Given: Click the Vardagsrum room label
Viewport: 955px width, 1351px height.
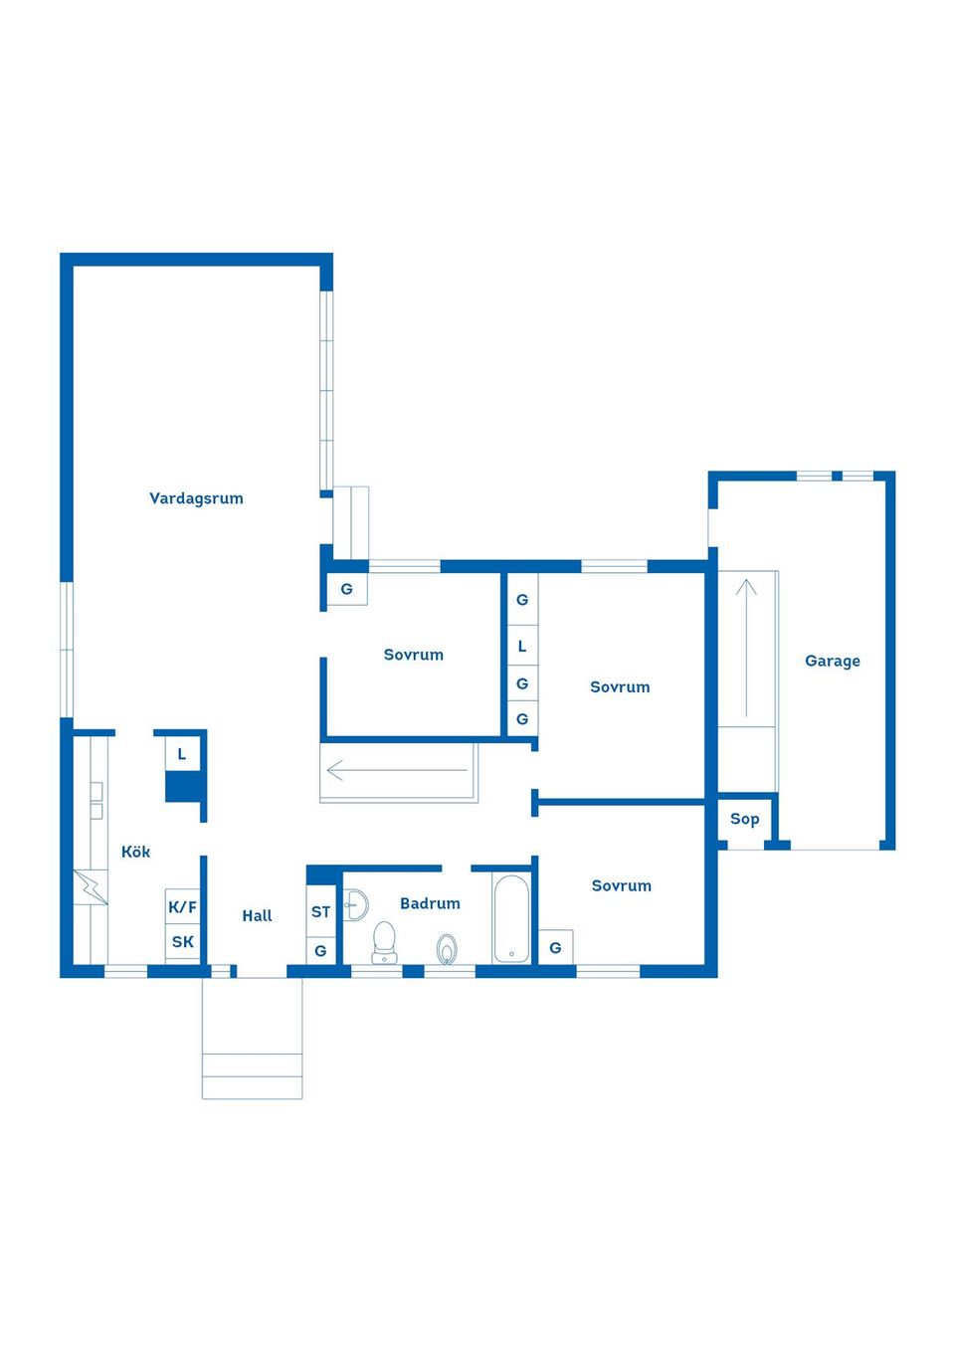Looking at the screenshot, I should (x=196, y=498).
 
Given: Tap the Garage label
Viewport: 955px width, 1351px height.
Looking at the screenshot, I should (x=832, y=661).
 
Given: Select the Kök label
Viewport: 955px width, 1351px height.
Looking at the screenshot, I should (x=135, y=852).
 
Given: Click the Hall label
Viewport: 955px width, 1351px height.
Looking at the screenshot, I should (x=257, y=915).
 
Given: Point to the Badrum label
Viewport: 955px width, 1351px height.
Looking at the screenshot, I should (x=430, y=903).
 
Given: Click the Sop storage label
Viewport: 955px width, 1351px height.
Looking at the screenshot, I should (x=744, y=819).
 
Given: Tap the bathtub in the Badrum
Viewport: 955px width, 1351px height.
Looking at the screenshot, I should (x=511, y=919).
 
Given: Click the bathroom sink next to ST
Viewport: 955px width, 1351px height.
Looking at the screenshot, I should (x=355, y=905).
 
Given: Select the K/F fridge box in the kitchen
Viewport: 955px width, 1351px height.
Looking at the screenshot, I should (x=182, y=906).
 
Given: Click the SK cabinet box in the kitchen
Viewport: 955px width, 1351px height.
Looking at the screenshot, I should (x=182, y=941).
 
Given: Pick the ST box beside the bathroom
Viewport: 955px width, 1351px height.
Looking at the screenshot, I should (x=320, y=911).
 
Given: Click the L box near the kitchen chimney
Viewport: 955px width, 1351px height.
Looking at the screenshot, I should (x=182, y=754).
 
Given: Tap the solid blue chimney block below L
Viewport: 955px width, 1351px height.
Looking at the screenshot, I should (x=184, y=787).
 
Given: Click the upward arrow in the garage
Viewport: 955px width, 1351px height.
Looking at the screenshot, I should (x=746, y=647).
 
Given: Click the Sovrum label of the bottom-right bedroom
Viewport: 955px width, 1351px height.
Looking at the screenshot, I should (x=621, y=885).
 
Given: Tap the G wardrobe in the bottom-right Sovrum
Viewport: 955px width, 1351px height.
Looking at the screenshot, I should (x=555, y=947).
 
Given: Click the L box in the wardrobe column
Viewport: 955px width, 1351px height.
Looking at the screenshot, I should (x=521, y=646).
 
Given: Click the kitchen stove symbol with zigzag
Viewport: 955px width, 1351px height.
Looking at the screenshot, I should (x=90, y=887).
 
